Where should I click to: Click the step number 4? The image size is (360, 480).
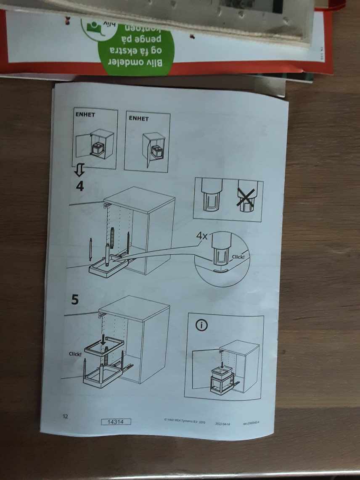[x=79, y=185]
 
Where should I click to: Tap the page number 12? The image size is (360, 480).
[x=65, y=417]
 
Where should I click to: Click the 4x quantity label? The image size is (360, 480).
[x=202, y=236]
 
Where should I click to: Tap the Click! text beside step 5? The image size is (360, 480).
[x=75, y=354]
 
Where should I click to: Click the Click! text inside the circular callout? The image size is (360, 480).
[x=238, y=256]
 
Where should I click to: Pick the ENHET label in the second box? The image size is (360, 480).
[x=138, y=119]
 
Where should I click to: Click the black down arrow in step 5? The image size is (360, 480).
[x=103, y=338]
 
